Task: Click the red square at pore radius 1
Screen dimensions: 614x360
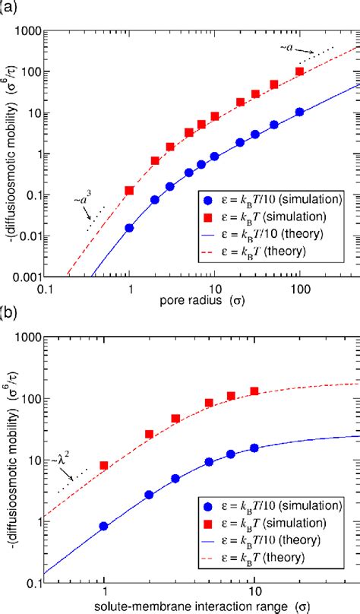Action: (x=130, y=190)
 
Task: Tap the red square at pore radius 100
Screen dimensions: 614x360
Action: (x=300, y=71)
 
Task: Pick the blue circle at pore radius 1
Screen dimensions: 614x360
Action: (x=130, y=227)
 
